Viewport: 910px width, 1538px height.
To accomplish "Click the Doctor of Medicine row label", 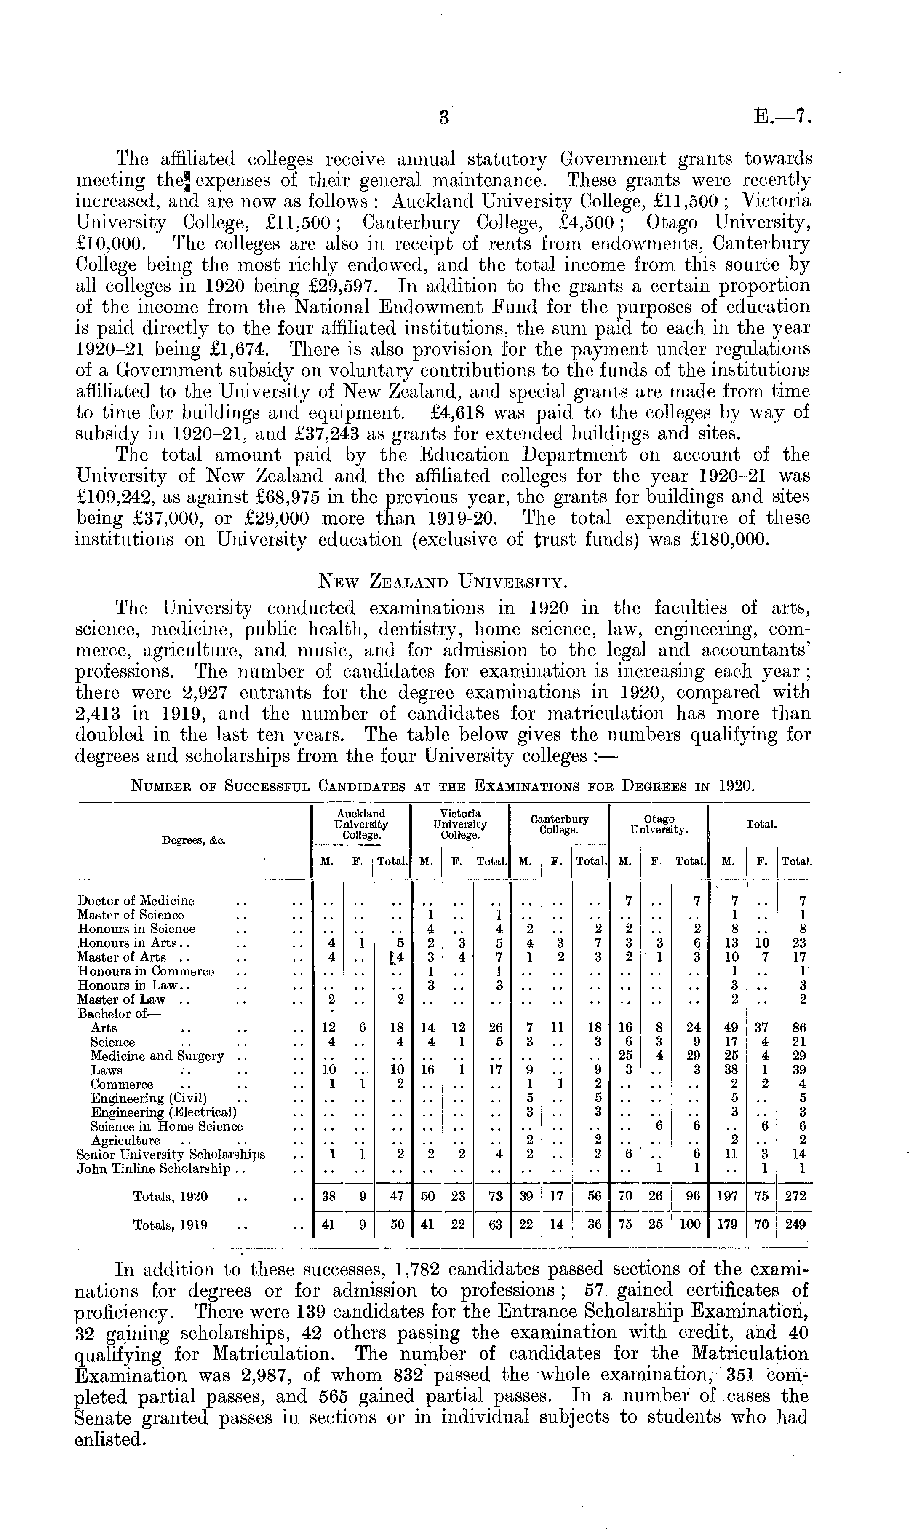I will (x=136, y=900).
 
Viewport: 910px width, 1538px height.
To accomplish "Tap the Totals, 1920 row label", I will (x=170, y=1196).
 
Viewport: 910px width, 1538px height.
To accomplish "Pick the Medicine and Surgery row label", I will (x=157, y=1056).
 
